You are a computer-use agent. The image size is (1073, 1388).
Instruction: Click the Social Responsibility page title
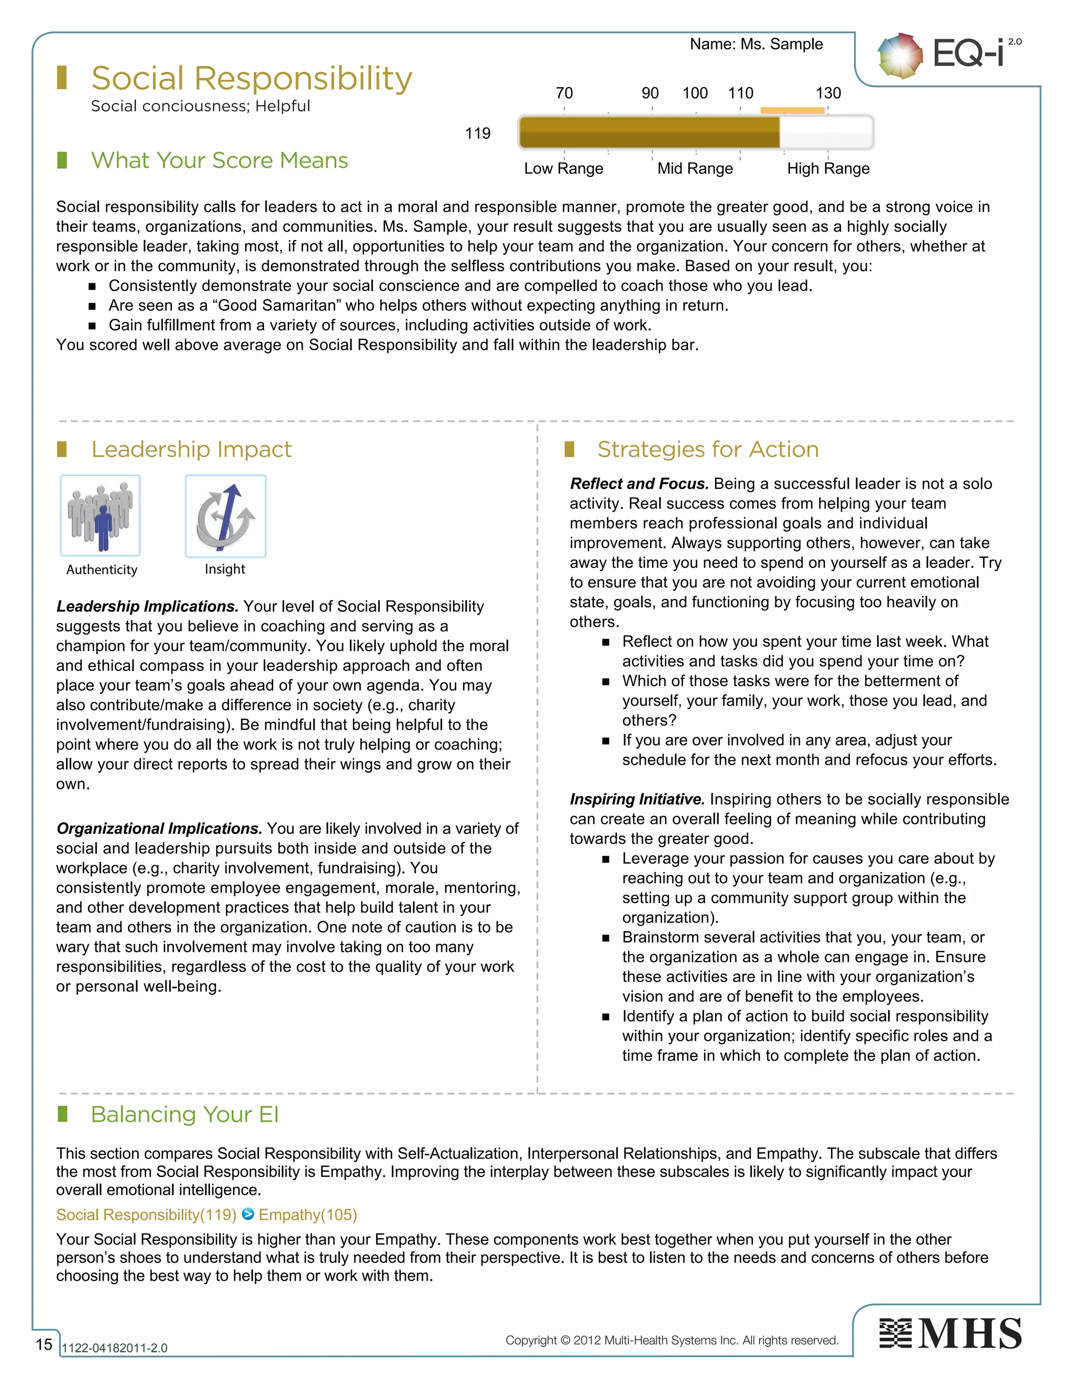click(x=251, y=79)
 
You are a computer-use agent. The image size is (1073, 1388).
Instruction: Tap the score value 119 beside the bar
click(x=477, y=134)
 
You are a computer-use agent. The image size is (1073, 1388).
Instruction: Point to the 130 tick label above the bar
click(x=828, y=93)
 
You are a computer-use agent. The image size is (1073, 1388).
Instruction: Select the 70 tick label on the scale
click(x=564, y=93)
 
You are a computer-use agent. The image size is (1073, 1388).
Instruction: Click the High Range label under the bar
click(x=828, y=169)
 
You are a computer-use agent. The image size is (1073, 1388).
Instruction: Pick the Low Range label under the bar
click(x=563, y=169)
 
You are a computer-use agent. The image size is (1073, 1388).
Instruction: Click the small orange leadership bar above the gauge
click(x=792, y=111)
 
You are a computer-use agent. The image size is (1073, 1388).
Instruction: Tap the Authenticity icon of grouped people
click(x=101, y=515)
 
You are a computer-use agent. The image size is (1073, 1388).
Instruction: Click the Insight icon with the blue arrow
click(x=226, y=516)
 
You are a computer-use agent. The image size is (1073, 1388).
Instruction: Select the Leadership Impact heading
click(x=191, y=449)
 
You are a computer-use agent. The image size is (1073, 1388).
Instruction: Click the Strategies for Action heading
click(x=707, y=449)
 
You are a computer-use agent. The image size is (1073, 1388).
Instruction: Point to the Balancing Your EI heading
click(x=184, y=1115)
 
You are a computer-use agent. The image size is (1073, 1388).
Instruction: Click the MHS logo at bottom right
click(x=950, y=1334)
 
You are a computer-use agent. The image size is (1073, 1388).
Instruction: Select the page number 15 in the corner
click(x=44, y=1344)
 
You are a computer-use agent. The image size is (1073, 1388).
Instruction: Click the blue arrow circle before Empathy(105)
click(x=248, y=1215)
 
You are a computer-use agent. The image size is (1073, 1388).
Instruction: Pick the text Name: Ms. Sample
click(x=756, y=44)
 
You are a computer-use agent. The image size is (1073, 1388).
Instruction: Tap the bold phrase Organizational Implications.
click(x=159, y=829)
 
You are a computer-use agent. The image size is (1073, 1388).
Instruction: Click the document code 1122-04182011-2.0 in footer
click(x=114, y=1348)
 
